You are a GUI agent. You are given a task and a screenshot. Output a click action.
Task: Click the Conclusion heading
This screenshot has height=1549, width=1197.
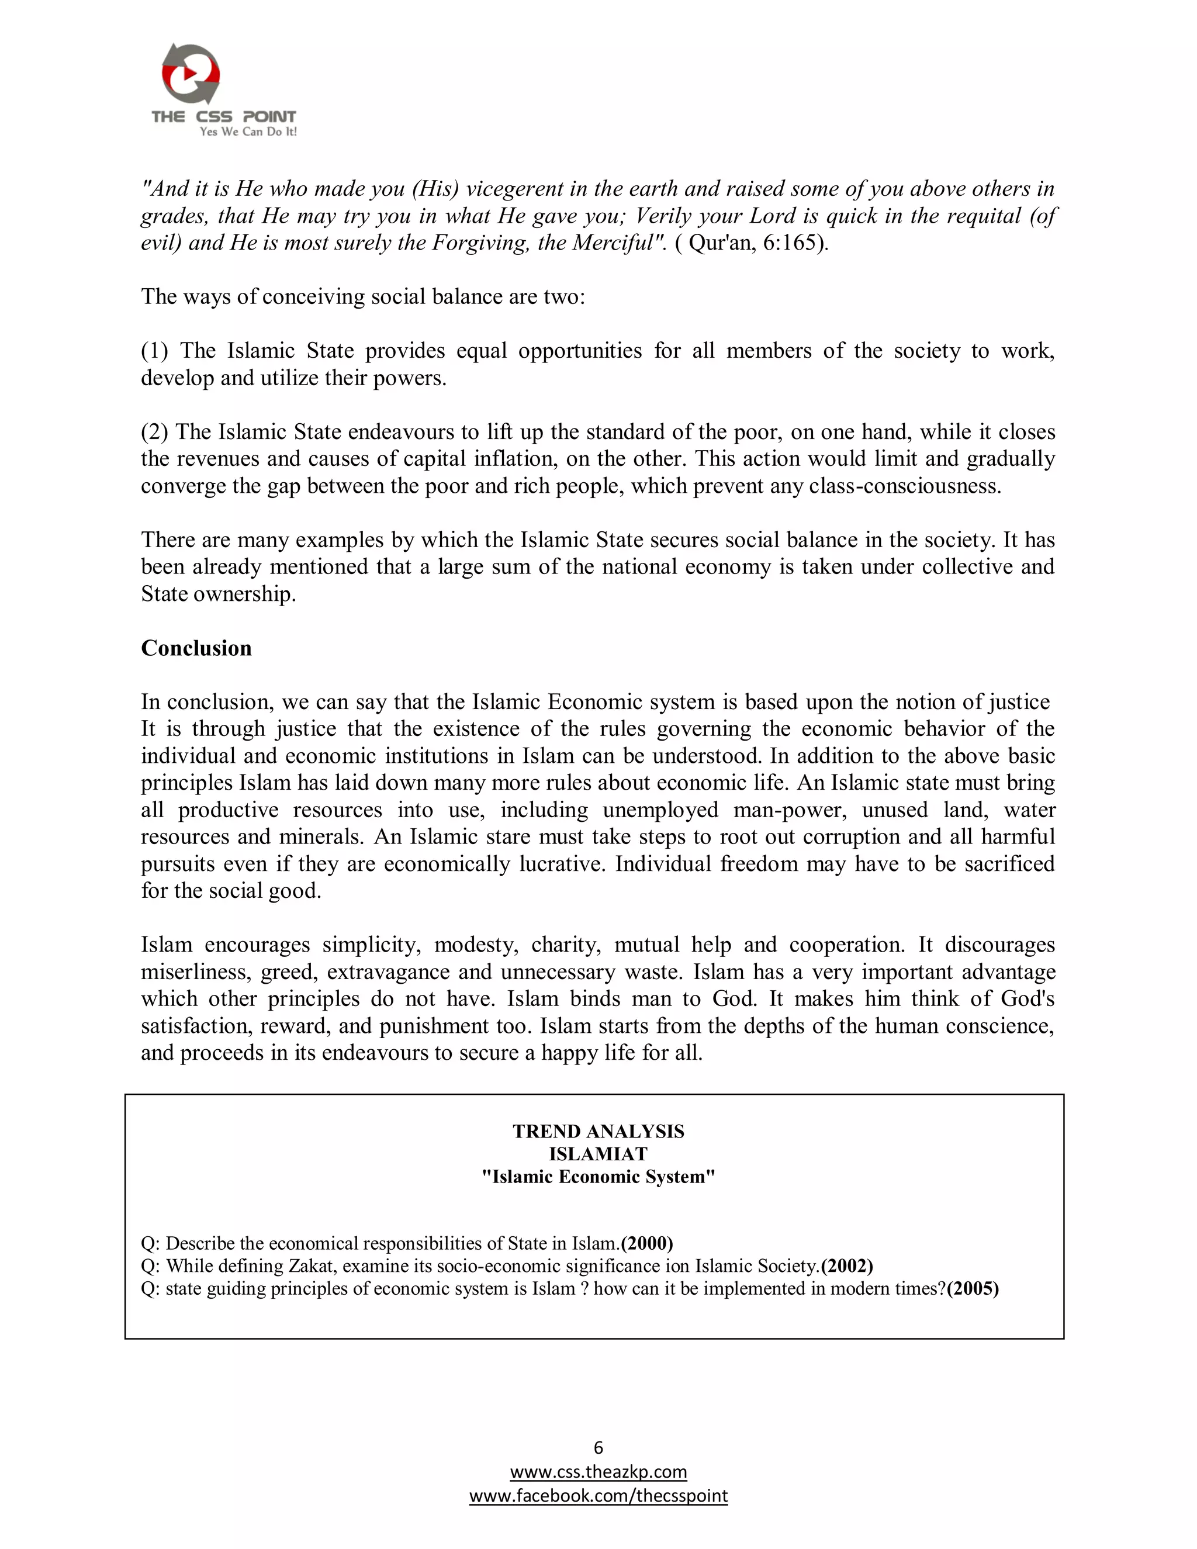click(x=196, y=648)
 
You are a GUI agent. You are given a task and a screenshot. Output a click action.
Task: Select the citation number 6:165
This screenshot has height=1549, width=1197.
click(x=788, y=243)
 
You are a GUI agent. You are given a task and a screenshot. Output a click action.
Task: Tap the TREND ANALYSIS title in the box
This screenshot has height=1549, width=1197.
click(x=598, y=1131)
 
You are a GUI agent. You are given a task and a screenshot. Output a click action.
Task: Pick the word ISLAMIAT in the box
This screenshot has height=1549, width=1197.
click(x=598, y=1154)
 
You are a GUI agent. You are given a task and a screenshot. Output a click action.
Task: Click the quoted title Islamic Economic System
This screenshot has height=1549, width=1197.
click(x=598, y=1177)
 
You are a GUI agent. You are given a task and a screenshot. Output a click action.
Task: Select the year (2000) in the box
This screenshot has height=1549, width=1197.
click(x=647, y=1243)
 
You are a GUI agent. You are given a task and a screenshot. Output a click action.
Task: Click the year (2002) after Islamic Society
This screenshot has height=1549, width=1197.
click(x=847, y=1266)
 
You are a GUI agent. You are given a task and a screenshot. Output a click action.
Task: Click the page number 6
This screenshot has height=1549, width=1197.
click(x=598, y=1447)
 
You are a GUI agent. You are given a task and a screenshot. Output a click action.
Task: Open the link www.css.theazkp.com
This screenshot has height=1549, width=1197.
click(x=598, y=1472)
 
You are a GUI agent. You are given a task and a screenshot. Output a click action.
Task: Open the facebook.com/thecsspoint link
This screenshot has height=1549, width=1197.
click(x=598, y=1496)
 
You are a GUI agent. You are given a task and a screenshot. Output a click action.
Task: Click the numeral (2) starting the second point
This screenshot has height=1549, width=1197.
click(x=154, y=432)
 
